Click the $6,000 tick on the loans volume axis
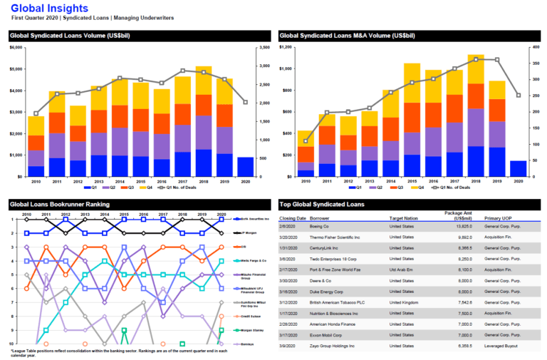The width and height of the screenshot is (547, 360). coord(16,48)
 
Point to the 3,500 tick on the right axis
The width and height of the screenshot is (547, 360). coord(263,48)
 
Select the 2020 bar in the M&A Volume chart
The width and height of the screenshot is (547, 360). coord(518,168)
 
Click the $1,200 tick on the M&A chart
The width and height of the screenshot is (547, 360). coord(287,48)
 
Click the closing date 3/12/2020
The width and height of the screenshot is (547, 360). coord(293,301)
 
